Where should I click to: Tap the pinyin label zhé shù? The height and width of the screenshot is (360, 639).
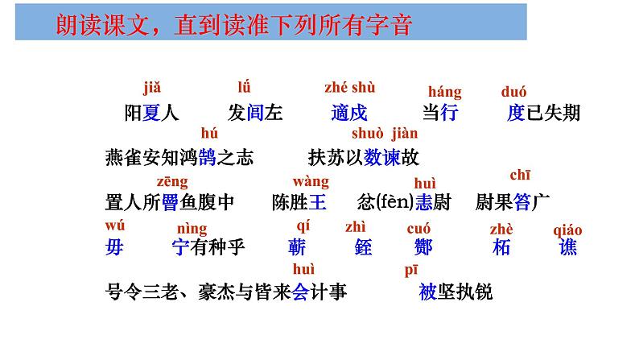pyautogui.click(x=349, y=88)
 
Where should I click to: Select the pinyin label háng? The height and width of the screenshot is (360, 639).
pyautogui.click(x=444, y=92)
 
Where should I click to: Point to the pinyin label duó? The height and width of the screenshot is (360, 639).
pyautogui.click(x=513, y=92)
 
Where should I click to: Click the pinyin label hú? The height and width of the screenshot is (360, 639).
pyautogui.click(x=209, y=134)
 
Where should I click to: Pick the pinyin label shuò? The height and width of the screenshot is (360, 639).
pyautogui.click(x=368, y=134)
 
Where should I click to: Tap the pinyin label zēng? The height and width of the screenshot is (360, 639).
pyautogui.click(x=172, y=181)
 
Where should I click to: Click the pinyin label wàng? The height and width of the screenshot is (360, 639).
pyautogui.click(x=311, y=180)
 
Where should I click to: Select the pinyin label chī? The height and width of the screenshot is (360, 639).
pyautogui.click(x=520, y=175)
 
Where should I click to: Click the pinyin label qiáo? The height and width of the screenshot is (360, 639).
pyautogui.click(x=568, y=230)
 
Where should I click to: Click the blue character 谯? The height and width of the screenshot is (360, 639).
pyautogui.click(x=568, y=247)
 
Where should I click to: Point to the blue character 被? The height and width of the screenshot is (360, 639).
pyautogui.click(x=427, y=292)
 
